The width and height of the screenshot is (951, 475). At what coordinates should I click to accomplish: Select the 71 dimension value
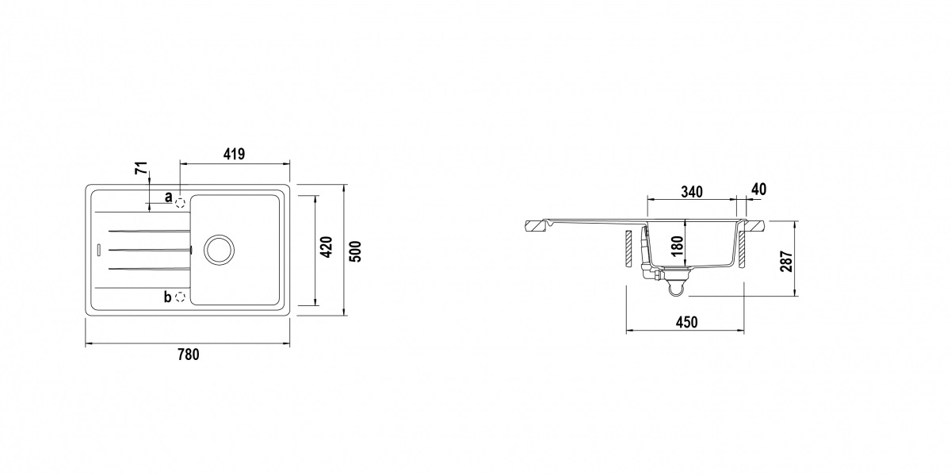(x=141, y=169)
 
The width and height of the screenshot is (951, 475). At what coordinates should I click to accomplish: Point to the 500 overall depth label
(x=356, y=251)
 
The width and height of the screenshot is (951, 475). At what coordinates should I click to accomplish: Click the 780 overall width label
(x=188, y=354)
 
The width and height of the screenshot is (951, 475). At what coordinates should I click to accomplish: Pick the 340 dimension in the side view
(x=692, y=191)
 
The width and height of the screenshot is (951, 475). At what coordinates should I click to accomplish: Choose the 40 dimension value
(x=758, y=190)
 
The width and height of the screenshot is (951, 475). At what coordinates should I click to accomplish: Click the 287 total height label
(x=785, y=261)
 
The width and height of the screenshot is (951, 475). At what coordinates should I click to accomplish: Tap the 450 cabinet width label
(x=686, y=322)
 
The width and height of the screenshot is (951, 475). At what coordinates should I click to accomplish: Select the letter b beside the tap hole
(x=167, y=297)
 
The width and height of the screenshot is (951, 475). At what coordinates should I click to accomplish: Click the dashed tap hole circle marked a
(x=181, y=202)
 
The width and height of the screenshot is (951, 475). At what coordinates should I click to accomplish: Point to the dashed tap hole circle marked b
(x=181, y=297)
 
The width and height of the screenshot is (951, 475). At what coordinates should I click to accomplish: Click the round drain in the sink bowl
(x=219, y=249)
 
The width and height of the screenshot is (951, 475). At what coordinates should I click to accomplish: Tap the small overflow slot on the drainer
(x=97, y=249)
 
